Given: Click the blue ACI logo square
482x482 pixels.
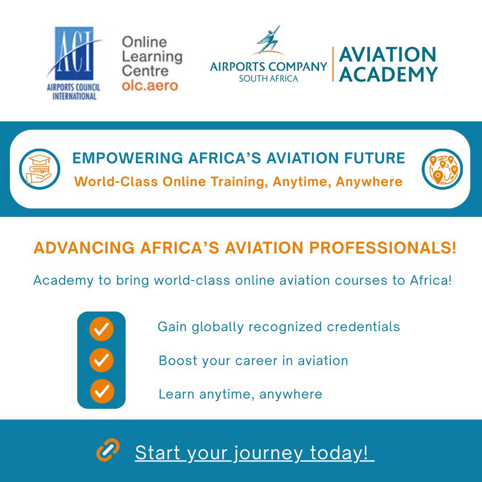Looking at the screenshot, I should [x=74, y=54].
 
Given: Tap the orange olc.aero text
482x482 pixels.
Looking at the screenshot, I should [x=150, y=85].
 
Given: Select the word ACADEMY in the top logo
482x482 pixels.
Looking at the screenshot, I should [x=388, y=74].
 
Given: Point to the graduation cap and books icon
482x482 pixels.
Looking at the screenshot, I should [x=39, y=169].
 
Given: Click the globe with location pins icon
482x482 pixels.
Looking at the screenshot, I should [x=442, y=169].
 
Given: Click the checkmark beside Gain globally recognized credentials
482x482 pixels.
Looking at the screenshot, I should [x=101, y=330].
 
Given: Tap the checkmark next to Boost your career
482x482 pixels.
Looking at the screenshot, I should [x=101, y=360].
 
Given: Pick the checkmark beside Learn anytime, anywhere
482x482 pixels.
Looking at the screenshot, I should [x=102, y=391].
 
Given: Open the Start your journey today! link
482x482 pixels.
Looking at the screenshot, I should [x=254, y=453].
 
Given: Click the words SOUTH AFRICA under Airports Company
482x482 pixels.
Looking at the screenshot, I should [x=268, y=79].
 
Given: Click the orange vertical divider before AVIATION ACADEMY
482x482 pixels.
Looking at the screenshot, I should [x=333, y=65].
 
